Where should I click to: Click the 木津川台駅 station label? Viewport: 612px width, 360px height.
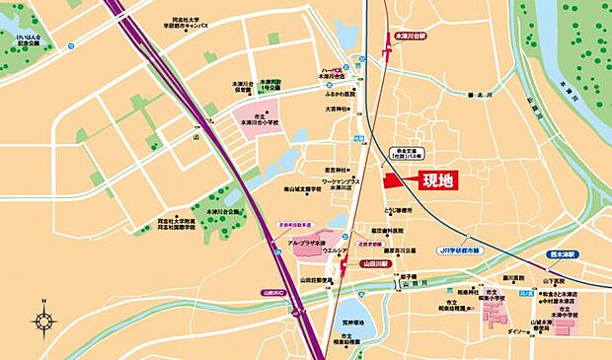[414, 36]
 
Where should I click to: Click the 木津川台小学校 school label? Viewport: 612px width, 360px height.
[260, 122]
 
